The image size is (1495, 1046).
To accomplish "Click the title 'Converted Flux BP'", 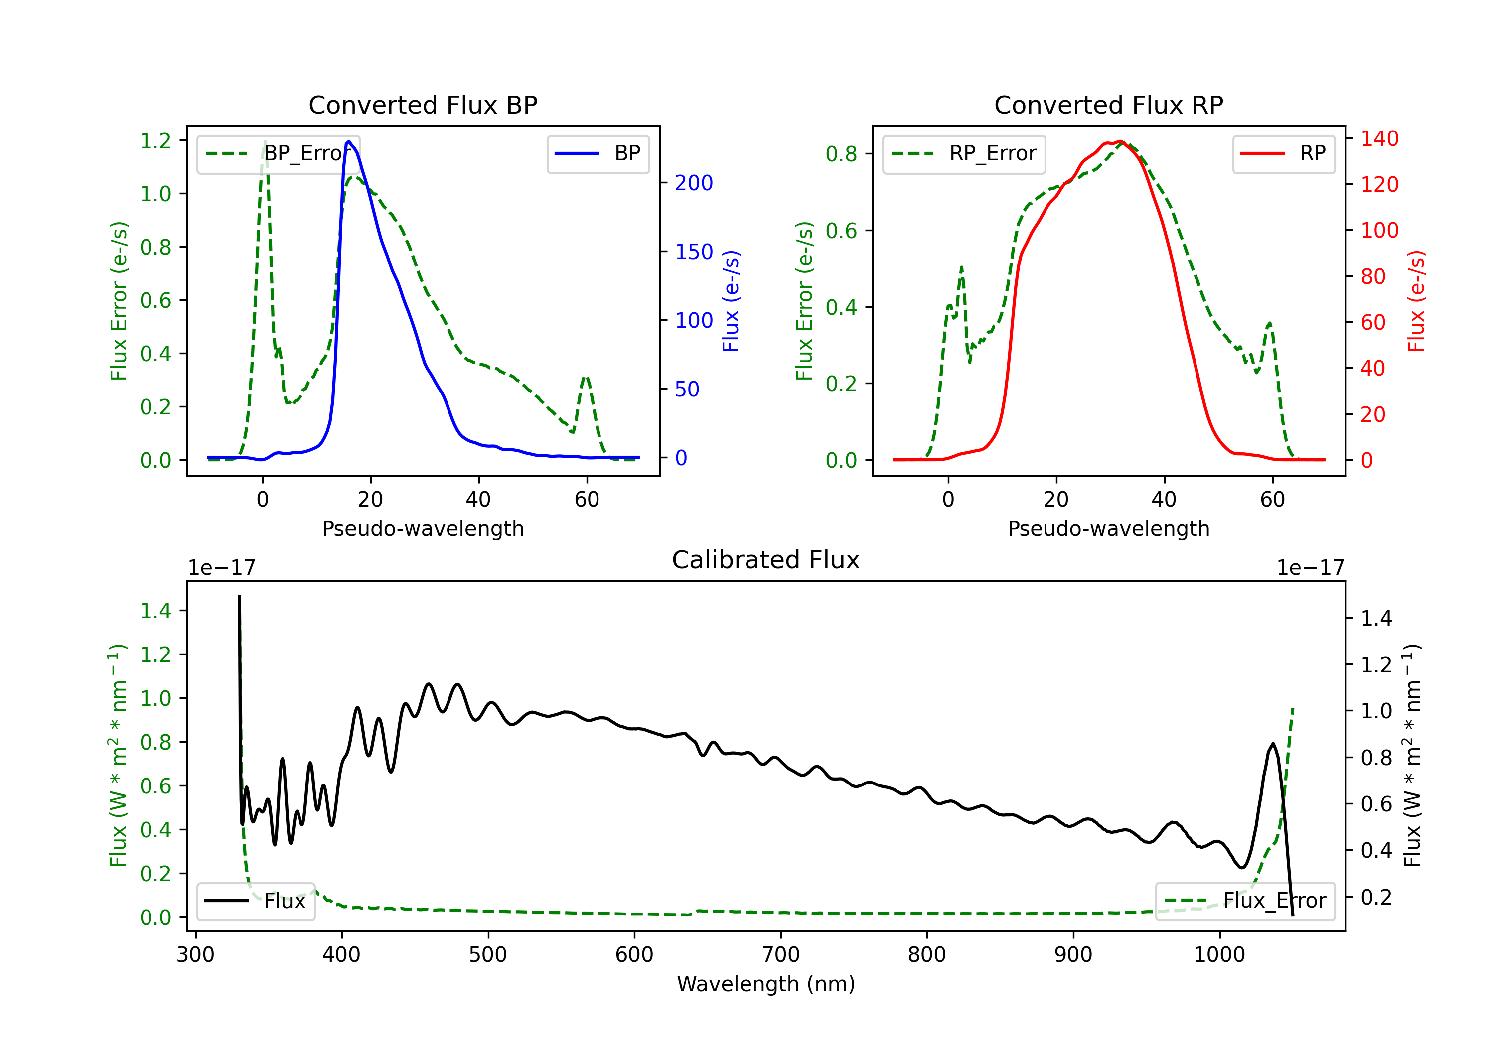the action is (x=423, y=105).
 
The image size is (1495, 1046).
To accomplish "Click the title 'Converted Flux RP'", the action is (x=1109, y=105).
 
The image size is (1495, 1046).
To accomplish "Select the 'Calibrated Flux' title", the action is (x=766, y=560).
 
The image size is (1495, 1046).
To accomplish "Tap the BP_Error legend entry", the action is (x=278, y=153).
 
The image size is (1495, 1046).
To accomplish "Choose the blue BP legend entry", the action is (x=598, y=153).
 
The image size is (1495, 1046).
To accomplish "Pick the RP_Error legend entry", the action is (x=964, y=153).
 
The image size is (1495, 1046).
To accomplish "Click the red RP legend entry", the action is (x=1283, y=153).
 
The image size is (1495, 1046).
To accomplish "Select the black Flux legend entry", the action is (x=255, y=901).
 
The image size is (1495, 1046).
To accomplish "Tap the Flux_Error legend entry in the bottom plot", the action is (x=1245, y=901).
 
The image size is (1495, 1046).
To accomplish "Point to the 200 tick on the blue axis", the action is (x=694, y=183).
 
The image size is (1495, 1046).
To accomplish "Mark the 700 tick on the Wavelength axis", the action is (x=780, y=955).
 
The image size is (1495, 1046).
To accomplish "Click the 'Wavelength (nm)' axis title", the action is (x=766, y=984).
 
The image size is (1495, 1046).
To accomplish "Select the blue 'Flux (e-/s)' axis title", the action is (x=731, y=301).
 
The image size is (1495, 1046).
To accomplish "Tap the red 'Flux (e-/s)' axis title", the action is (x=1416, y=301).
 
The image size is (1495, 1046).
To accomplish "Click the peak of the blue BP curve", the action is (x=349, y=141).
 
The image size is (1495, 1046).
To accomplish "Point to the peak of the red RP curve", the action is (x=1119, y=141).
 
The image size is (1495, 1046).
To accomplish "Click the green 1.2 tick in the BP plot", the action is (x=155, y=140).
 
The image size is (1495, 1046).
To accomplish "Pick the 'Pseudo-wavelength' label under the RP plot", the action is (x=1109, y=528).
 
